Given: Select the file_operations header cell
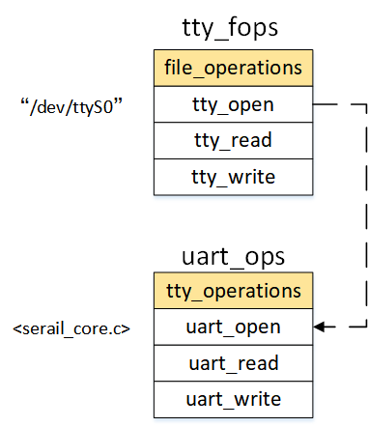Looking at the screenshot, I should click(232, 69).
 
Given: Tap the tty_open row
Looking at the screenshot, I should click(232, 104).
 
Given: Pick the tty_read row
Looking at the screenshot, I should click(232, 140).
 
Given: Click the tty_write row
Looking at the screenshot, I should click(232, 177).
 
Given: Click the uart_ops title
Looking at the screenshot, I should click(232, 256).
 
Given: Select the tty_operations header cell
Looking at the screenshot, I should click(232, 291).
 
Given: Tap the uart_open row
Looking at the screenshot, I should click(232, 327).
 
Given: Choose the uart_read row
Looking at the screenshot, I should click(232, 363).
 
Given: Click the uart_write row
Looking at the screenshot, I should click(232, 399).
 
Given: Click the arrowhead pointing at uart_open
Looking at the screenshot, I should click(318, 327).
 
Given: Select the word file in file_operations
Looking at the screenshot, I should click(185, 69).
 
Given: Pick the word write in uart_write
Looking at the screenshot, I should click(254, 399).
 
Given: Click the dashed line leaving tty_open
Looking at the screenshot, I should click(338, 104).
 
